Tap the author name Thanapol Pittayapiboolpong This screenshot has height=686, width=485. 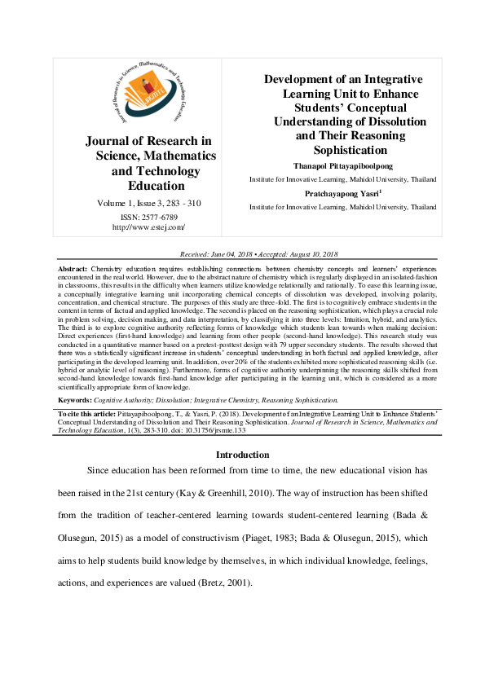click(x=342, y=165)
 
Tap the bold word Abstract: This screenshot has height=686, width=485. click(x=72, y=268)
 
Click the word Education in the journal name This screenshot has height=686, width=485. click(x=151, y=186)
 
